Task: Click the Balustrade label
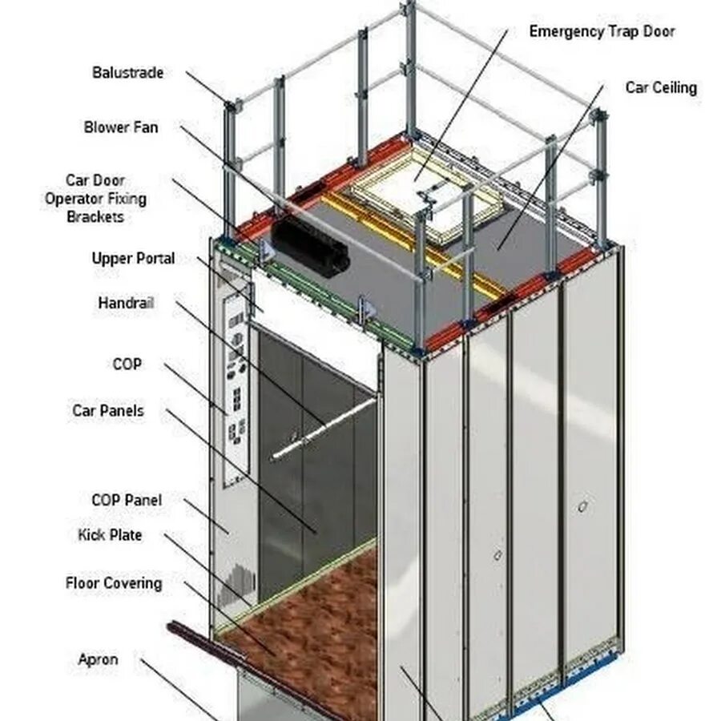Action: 127,73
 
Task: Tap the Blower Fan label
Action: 121,127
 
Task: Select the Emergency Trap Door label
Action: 602,32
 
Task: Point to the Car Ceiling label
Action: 661,88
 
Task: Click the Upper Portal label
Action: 133,259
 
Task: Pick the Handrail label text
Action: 126,304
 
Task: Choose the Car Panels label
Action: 108,411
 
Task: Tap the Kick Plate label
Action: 110,535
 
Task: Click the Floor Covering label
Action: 114,583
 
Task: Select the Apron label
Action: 98,660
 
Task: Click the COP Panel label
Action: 127,501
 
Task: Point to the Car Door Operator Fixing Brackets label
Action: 95,199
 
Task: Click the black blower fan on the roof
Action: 310,247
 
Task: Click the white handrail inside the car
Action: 324,428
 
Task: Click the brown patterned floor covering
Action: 320,625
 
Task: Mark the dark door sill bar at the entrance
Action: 240,657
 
